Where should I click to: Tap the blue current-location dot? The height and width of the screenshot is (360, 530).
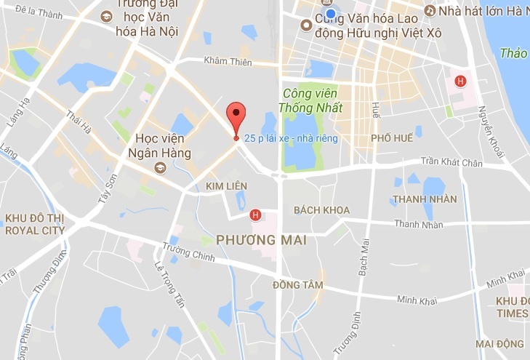pyautogui.click(x=331, y=14)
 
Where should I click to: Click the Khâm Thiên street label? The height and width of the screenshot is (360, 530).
pyautogui.click(x=228, y=61)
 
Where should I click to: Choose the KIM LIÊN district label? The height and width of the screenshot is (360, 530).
pyautogui.click(x=223, y=187)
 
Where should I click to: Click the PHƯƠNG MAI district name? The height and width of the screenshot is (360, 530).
pyautogui.click(x=262, y=239)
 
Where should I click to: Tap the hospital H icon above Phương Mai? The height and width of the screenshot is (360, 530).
pyautogui.click(x=254, y=215)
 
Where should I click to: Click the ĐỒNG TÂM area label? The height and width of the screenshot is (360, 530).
pyautogui.click(x=297, y=285)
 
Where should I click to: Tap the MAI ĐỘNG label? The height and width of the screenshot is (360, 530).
pyautogui.click(x=500, y=343)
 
